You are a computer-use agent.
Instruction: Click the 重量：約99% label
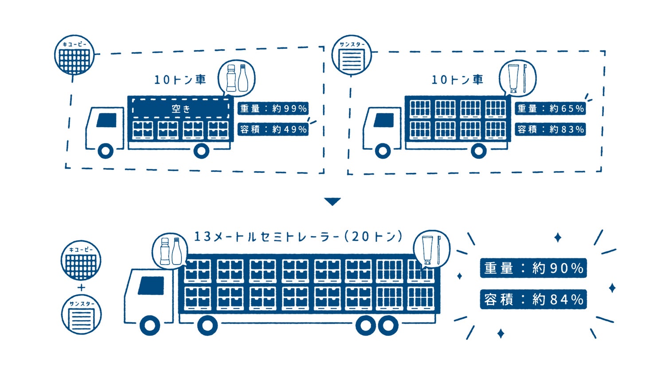click(273, 109)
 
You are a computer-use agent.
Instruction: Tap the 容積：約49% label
click(273, 129)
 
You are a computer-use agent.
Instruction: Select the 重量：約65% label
click(550, 109)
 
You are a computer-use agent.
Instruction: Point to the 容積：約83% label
click(550, 129)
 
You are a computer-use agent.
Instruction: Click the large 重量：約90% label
click(533, 268)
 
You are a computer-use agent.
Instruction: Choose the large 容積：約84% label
click(533, 300)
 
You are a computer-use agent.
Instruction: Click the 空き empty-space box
click(181, 109)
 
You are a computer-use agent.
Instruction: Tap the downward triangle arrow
click(332, 202)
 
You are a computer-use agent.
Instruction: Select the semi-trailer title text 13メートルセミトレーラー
click(298, 237)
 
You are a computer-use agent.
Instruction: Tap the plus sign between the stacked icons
click(81, 288)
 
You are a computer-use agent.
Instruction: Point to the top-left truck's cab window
click(106, 120)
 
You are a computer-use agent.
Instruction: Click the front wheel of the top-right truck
click(383, 151)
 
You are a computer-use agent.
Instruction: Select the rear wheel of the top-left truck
click(201, 151)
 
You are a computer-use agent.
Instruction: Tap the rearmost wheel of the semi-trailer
click(388, 326)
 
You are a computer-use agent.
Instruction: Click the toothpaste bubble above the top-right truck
click(517, 78)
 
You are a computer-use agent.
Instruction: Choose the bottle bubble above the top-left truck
click(237, 78)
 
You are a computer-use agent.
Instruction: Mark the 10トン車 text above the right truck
click(457, 80)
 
